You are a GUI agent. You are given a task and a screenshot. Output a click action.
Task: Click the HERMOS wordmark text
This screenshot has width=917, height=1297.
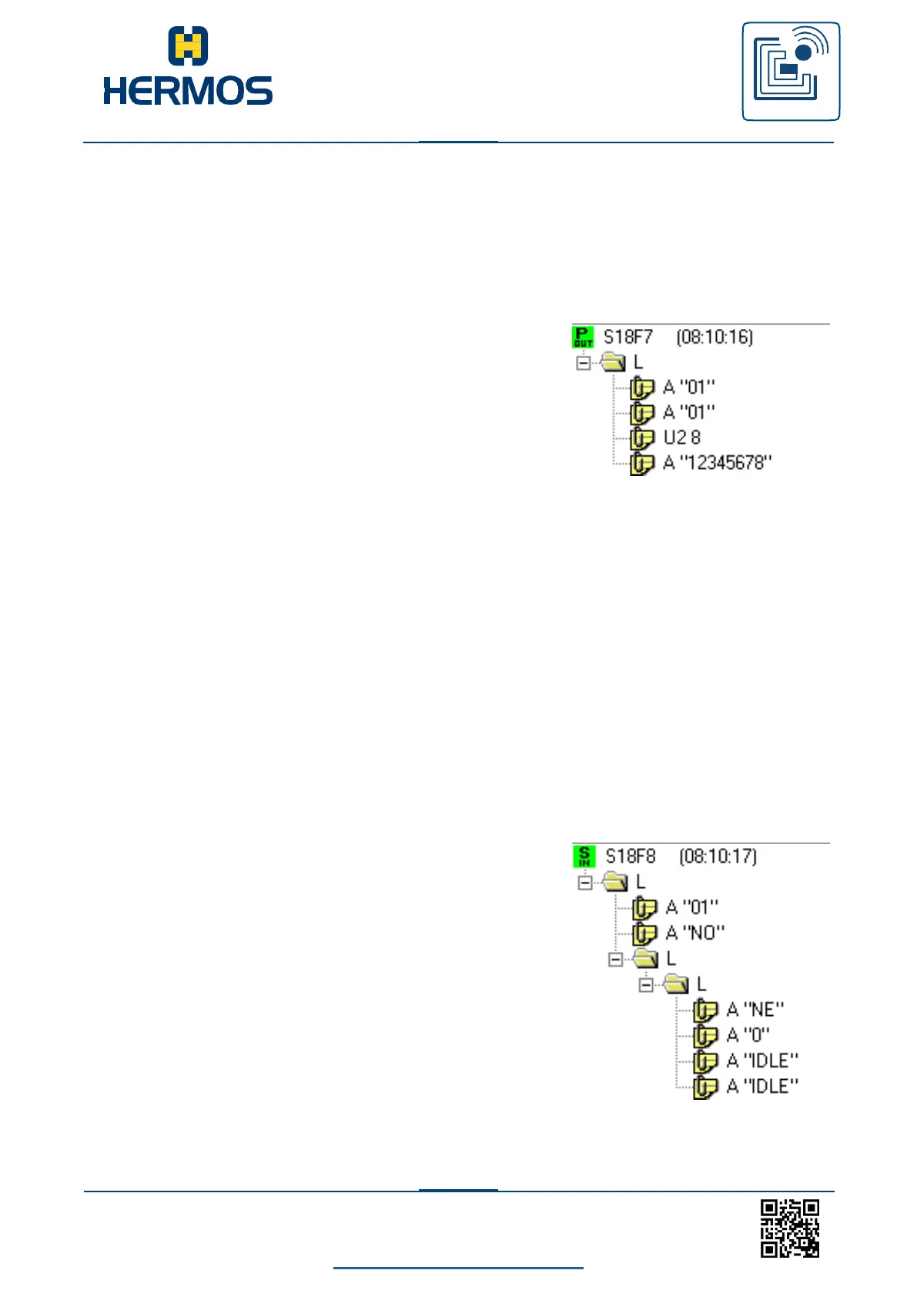pos(188,90)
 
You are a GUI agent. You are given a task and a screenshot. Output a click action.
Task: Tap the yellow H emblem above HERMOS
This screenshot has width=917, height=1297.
pos(188,45)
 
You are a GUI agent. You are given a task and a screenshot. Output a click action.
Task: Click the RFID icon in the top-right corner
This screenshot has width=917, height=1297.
pos(791,72)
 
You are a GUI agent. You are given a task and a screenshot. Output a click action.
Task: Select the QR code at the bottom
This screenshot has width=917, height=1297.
pos(790,1228)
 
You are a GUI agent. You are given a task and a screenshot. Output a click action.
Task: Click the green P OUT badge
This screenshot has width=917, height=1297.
pos(583,337)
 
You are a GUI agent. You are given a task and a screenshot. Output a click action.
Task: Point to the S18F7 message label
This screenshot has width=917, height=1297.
pos(628,337)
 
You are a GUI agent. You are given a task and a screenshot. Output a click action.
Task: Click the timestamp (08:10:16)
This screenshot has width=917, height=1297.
pos(715,337)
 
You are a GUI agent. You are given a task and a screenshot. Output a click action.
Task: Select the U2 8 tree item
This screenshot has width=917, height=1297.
pos(681,437)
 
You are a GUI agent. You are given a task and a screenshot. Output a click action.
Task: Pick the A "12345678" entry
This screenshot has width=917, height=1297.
pos(717,463)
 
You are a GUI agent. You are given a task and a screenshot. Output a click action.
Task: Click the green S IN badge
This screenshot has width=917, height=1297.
pos(584,856)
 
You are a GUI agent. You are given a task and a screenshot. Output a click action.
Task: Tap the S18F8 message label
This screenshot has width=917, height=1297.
pos(631,856)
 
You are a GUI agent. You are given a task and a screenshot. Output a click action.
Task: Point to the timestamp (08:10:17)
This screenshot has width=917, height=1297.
pos(718,856)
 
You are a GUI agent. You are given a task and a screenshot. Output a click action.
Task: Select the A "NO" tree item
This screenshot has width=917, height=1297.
pos(694,933)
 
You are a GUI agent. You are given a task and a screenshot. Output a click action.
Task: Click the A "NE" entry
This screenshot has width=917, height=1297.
pos(755,1010)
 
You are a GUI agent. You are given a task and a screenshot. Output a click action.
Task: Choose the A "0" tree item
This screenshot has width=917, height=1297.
pos(748,1035)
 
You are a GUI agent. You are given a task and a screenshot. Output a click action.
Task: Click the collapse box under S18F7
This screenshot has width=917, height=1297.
pos(584,363)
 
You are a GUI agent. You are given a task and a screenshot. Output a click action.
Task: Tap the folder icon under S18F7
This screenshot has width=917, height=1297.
pos(613,362)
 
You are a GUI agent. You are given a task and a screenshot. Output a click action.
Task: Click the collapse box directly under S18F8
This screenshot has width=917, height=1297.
pos(585,883)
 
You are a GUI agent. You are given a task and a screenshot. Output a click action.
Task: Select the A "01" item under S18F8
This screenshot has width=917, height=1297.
pos(691,907)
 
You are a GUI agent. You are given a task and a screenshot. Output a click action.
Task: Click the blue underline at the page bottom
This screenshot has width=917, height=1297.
pos(458,1267)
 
